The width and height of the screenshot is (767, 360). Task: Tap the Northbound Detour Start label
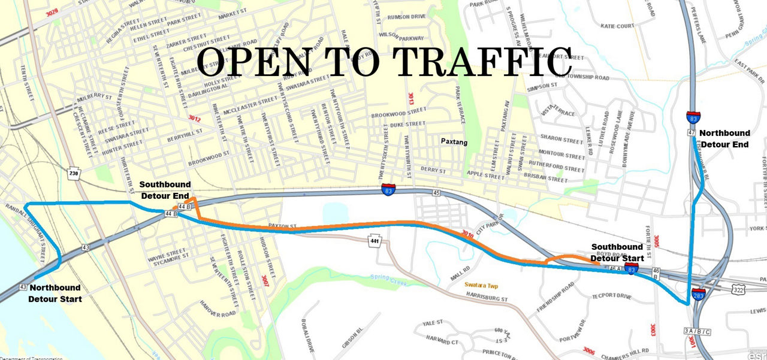point(55,292)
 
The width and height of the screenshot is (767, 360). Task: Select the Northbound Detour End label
point(724,138)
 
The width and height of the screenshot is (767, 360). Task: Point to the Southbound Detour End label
point(165,190)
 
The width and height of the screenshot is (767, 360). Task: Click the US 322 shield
point(738,289)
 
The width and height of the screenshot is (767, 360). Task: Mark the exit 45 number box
point(436,193)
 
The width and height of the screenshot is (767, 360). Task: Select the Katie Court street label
point(617,26)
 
